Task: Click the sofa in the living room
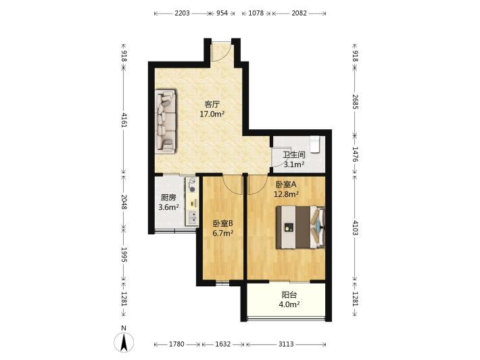[x=166, y=120]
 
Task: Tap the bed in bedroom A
[x=300, y=227]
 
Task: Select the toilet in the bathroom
[x=314, y=144]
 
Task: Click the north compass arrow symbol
[x=124, y=342]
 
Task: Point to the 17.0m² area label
[x=212, y=114]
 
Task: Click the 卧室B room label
[x=223, y=224]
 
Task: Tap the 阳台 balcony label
[x=289, y=295]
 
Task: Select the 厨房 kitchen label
[x=168, y=198]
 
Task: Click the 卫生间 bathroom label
[x=294, y=155]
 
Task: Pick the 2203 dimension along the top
[x=182, y=13]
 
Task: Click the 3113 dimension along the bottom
[x=286, y=344]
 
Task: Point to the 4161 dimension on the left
[x=124, y=120]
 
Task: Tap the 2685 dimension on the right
[x=355, y=102]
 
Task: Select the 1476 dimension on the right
[x=355, y=155]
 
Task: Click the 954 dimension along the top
[x=222, y=13]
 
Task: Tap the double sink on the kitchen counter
[x=192, y=218]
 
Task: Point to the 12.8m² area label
[x=286, y=194]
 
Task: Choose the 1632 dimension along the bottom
[x=222, y=344]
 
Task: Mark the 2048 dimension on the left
[x=124, y=202]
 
